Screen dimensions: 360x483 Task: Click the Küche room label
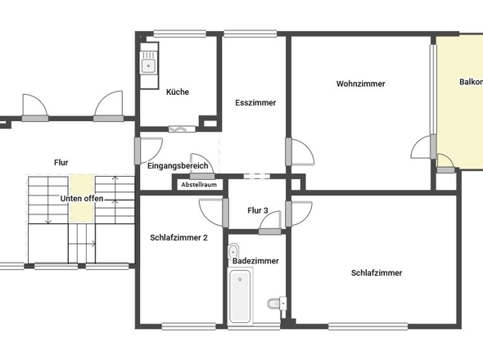tap(178, 92)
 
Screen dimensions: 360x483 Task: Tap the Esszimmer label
tap(255, 103)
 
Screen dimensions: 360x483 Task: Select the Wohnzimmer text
tap(360, 84)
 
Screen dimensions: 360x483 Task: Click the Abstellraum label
tap(199, 185)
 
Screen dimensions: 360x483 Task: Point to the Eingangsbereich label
tap(178, 166)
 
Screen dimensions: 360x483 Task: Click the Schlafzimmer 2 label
tap(178, 238)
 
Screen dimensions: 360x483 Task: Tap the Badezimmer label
tap(255, 260)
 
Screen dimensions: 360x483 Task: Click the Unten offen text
tap(82, 199)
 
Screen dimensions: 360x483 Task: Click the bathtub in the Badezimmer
tap(241, 296)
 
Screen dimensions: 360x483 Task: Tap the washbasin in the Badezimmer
tap(234, 251)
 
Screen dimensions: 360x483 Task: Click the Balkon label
tap(470, 82)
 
